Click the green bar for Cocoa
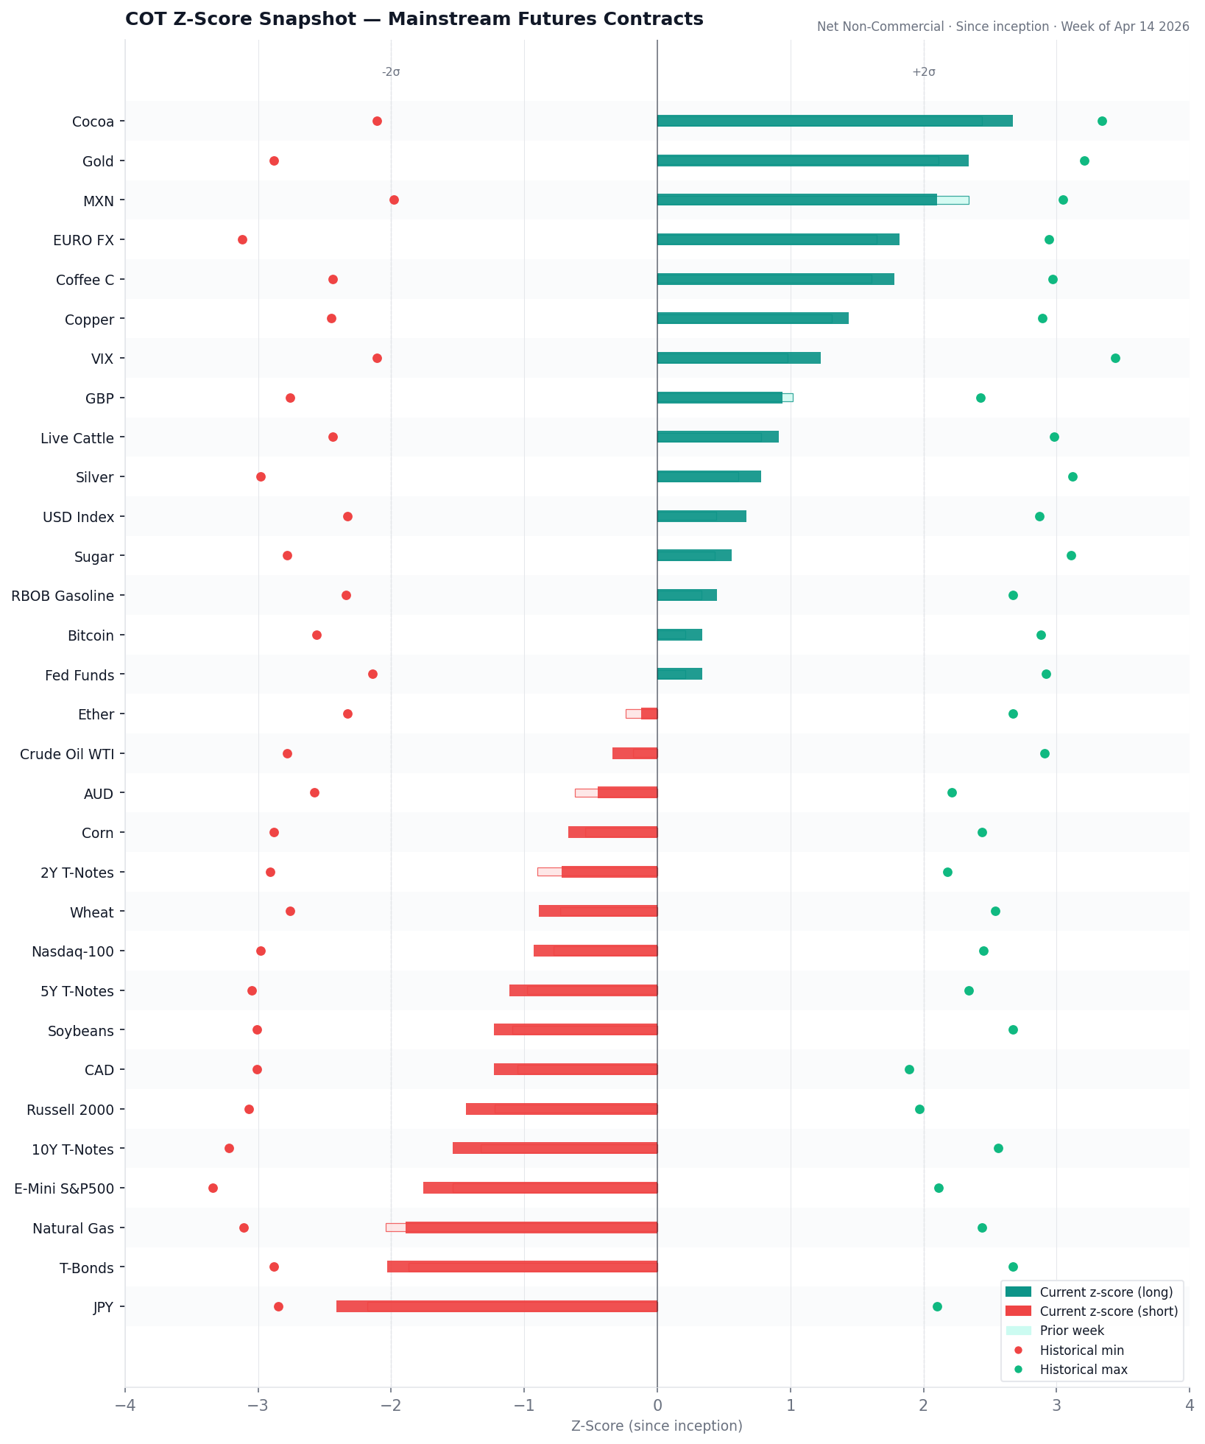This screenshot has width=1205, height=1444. pyautogui.click(x=835, y=121)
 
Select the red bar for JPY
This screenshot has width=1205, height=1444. pyautogui.click(x=497, y=1306)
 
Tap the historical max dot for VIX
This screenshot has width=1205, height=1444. pyautogui.click(x=1115, y=359)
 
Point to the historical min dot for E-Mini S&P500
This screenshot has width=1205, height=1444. pyautogui.click(x=213, y=1188)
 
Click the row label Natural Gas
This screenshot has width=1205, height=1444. pyautogui.click(x=74, y=1228)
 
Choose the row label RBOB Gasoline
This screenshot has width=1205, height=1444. pyautogui.click(x=63, y=596)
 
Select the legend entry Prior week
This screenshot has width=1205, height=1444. pyautogui.click(x=1072, y=1331)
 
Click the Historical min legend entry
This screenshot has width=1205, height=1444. pyautogui.click(x=1081, y=1350)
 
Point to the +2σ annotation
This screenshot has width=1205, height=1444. pyautogui.click(x=924, y=72)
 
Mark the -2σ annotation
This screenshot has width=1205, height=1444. pyautogui.click(x=391, y=72)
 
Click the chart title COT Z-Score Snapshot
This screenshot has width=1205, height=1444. pyautogui.click(x=414, y=19)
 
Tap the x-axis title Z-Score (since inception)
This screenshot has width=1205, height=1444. pyautogui.click(x=657, y=1426)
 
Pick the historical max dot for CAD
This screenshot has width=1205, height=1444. pyautogui.click(x=909, y=1069)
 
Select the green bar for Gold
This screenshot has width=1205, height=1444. pyautogui.click(x=813, y=161)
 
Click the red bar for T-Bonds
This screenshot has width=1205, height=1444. pyautogui.click(x=523, y=1267)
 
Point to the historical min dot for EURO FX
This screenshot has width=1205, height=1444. pyautogui.click(x=242, y=240)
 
